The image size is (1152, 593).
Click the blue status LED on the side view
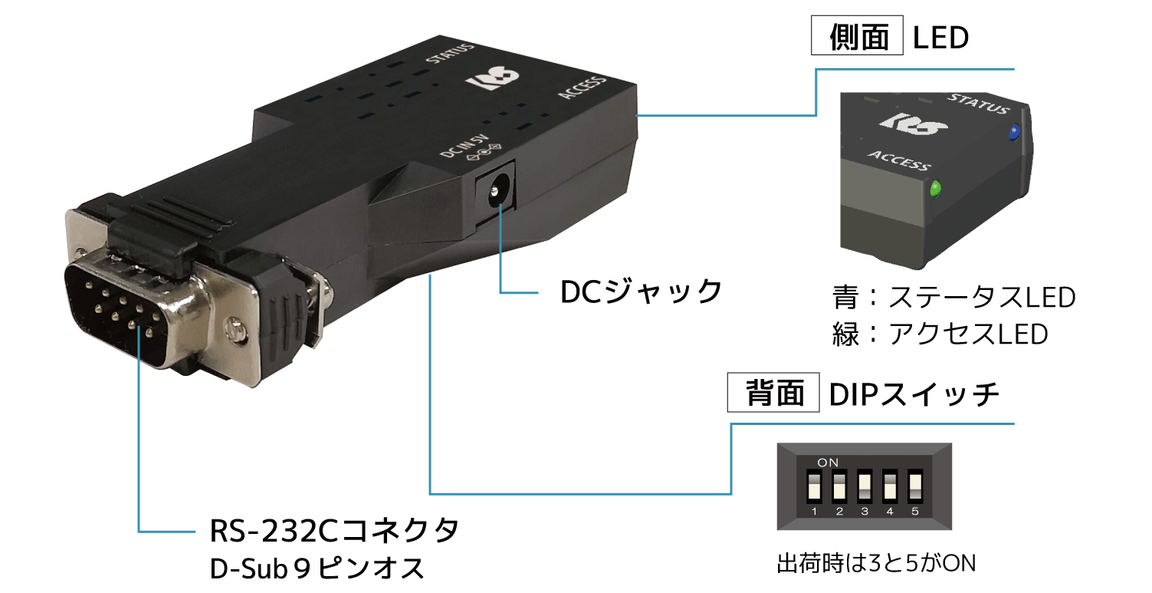click(x=1014, y=133)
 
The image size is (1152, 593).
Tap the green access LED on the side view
click(x=936, y=189)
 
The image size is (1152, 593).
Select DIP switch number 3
click(x=865, y=486)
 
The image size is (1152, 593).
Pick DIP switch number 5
click(x=915, y=486)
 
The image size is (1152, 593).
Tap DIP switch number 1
click(x=814, y=486)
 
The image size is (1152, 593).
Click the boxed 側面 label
click(x=858, y=35)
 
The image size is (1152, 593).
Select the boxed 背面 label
click(x=773, y=393)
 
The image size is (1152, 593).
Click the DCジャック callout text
click(x=641, y=292)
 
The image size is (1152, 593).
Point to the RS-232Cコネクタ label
click(x=334, y=531)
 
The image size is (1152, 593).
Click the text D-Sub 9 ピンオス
click(x=317, y=568)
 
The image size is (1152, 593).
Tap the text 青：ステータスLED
click(x=953, y=297)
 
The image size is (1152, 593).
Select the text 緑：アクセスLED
click(x=940, y=334)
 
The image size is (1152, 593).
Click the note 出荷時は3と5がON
click(x=876, y=563)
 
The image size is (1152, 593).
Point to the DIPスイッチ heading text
click(x=914, y=394)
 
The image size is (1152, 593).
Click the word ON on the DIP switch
click(x=828, y=463)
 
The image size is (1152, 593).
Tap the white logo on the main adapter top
click(x=492, y=79)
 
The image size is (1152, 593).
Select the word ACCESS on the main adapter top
click(x=583, y=88)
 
